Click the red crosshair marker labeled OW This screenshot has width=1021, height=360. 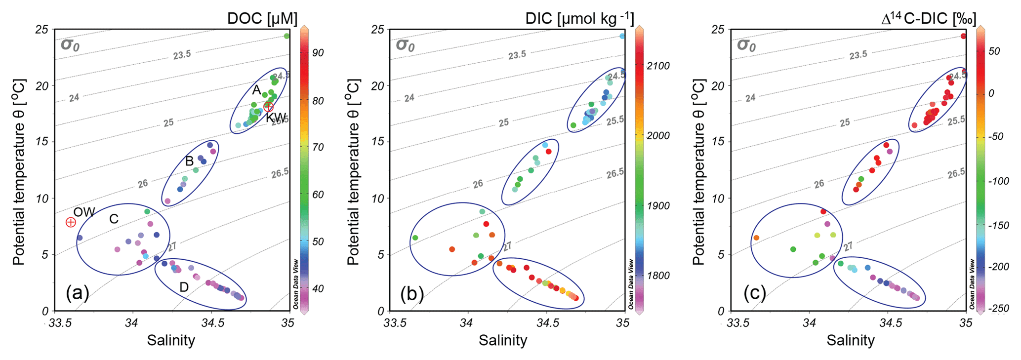coord(71,222)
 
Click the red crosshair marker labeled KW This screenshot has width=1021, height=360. coord(268,107)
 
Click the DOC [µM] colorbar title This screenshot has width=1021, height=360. coord(262,19)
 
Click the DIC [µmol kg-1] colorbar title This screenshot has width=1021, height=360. coord(579,19)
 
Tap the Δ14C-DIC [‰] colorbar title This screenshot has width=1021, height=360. coord(929,19)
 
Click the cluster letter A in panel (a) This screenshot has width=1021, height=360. coord(256,90)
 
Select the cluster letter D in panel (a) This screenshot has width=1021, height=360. coord(184,287)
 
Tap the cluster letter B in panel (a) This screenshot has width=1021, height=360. coord(189,161)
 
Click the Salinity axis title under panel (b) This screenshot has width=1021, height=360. coord(503,340)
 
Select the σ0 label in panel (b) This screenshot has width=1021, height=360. coord(405,45)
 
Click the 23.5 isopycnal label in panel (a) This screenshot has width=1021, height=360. coord(182,55)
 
